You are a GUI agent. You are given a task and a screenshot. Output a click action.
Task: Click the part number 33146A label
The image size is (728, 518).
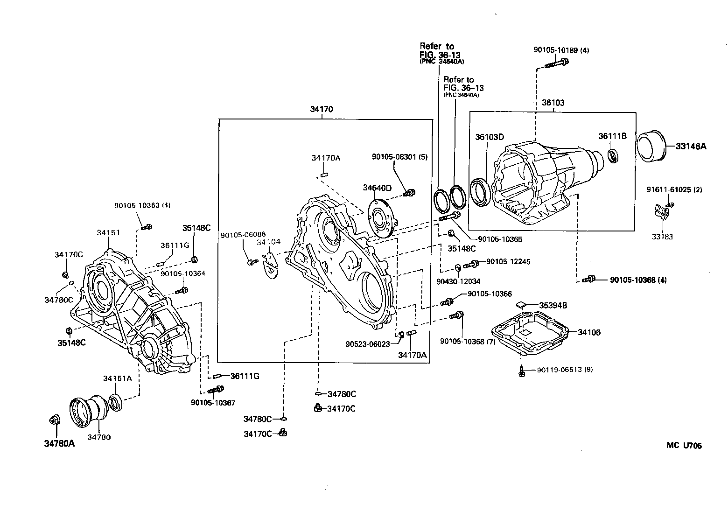pyautogui.click(x=691, y=146)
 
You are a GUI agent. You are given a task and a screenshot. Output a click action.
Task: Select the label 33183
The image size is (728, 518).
pyautogui.click(x=662, y=237)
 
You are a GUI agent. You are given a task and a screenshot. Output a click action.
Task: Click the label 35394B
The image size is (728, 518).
pyautogui.click(x=553, y=305)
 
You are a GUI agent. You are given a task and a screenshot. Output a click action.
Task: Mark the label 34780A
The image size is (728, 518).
pyautogui.click(x=59, y=443)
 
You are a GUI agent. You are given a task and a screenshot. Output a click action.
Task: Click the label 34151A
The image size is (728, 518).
pyautogui.click(x=118, y=378)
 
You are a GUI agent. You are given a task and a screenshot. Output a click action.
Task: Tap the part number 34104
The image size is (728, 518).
pyautogui.click(x=268, y=242)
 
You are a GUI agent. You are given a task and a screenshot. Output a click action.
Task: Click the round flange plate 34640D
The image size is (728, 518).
pyautogui.click(x=381, y=217)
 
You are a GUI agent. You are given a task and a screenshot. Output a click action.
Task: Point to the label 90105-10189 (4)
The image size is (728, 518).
pyautogui.click(x=561, y=50)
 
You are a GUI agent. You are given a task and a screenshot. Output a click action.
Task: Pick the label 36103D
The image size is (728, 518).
pyautogui.click(x=490, y=137)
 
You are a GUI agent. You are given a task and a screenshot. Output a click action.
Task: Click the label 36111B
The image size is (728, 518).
pyautogui.click(x=612, y=136)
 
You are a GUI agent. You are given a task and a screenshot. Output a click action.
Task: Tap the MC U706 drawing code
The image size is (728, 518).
pyautogui.click(x=684, y=445)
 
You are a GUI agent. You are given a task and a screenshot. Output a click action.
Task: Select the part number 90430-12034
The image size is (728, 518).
pyautogui.click(x=458, y=281)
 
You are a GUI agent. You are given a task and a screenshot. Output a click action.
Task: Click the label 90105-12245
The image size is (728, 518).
pyautogui.click(x=508, y=262)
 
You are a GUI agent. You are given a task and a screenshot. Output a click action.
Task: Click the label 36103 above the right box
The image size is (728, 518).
pyautogui.click(x=553, y=103)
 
